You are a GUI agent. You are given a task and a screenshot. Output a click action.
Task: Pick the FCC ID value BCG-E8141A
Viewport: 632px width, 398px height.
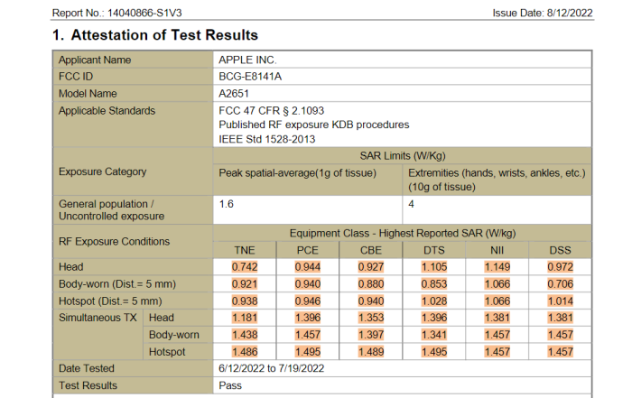tap(251, 77)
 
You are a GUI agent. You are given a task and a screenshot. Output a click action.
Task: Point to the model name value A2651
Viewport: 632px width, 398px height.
tap(235, 94)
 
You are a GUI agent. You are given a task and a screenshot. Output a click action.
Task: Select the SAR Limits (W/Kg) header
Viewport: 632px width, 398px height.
tap(403, 155)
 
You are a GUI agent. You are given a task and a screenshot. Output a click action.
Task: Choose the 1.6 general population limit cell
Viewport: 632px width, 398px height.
tap(227, 204)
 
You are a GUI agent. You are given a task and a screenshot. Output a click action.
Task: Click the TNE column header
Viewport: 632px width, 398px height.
tap(245, 250)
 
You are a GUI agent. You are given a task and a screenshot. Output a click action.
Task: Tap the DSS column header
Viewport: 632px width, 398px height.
tap(560, 250)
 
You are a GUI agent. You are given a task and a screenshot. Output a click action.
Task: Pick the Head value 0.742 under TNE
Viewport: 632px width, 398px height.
tap(245, 267)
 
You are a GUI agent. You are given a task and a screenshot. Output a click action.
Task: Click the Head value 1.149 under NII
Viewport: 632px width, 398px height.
tap(497, 267)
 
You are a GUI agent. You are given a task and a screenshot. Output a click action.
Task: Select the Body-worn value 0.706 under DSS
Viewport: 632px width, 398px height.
tap(561, 284)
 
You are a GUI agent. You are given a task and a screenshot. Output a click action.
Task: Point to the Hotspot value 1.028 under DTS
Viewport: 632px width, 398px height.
tap(434, 301)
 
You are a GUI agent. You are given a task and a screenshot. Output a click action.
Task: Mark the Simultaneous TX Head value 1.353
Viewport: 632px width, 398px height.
tap(371, 318)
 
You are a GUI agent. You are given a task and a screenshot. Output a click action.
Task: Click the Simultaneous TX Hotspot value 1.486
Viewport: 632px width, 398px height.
tap(245, 351)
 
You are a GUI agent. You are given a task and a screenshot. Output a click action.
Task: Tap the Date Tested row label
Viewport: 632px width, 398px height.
tap(87, 368)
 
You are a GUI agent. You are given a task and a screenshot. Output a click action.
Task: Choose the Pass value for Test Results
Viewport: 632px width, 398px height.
tap(230, 385)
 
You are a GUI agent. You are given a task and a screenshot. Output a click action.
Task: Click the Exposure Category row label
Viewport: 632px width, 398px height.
tap(103, 171)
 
